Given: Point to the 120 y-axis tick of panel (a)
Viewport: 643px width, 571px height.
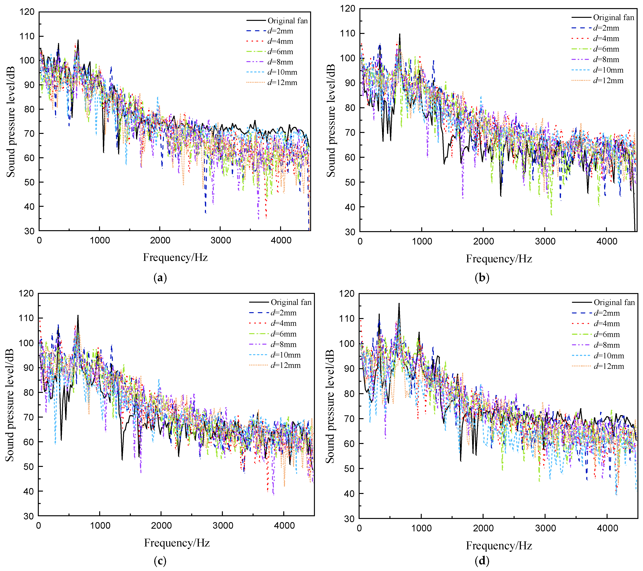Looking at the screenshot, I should [27, 12].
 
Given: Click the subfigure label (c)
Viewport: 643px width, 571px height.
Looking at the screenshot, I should [160, 561].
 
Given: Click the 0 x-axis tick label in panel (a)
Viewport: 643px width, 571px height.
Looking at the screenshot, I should [39, 241].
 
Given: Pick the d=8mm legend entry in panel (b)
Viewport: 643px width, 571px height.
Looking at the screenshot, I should [606, 60].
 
